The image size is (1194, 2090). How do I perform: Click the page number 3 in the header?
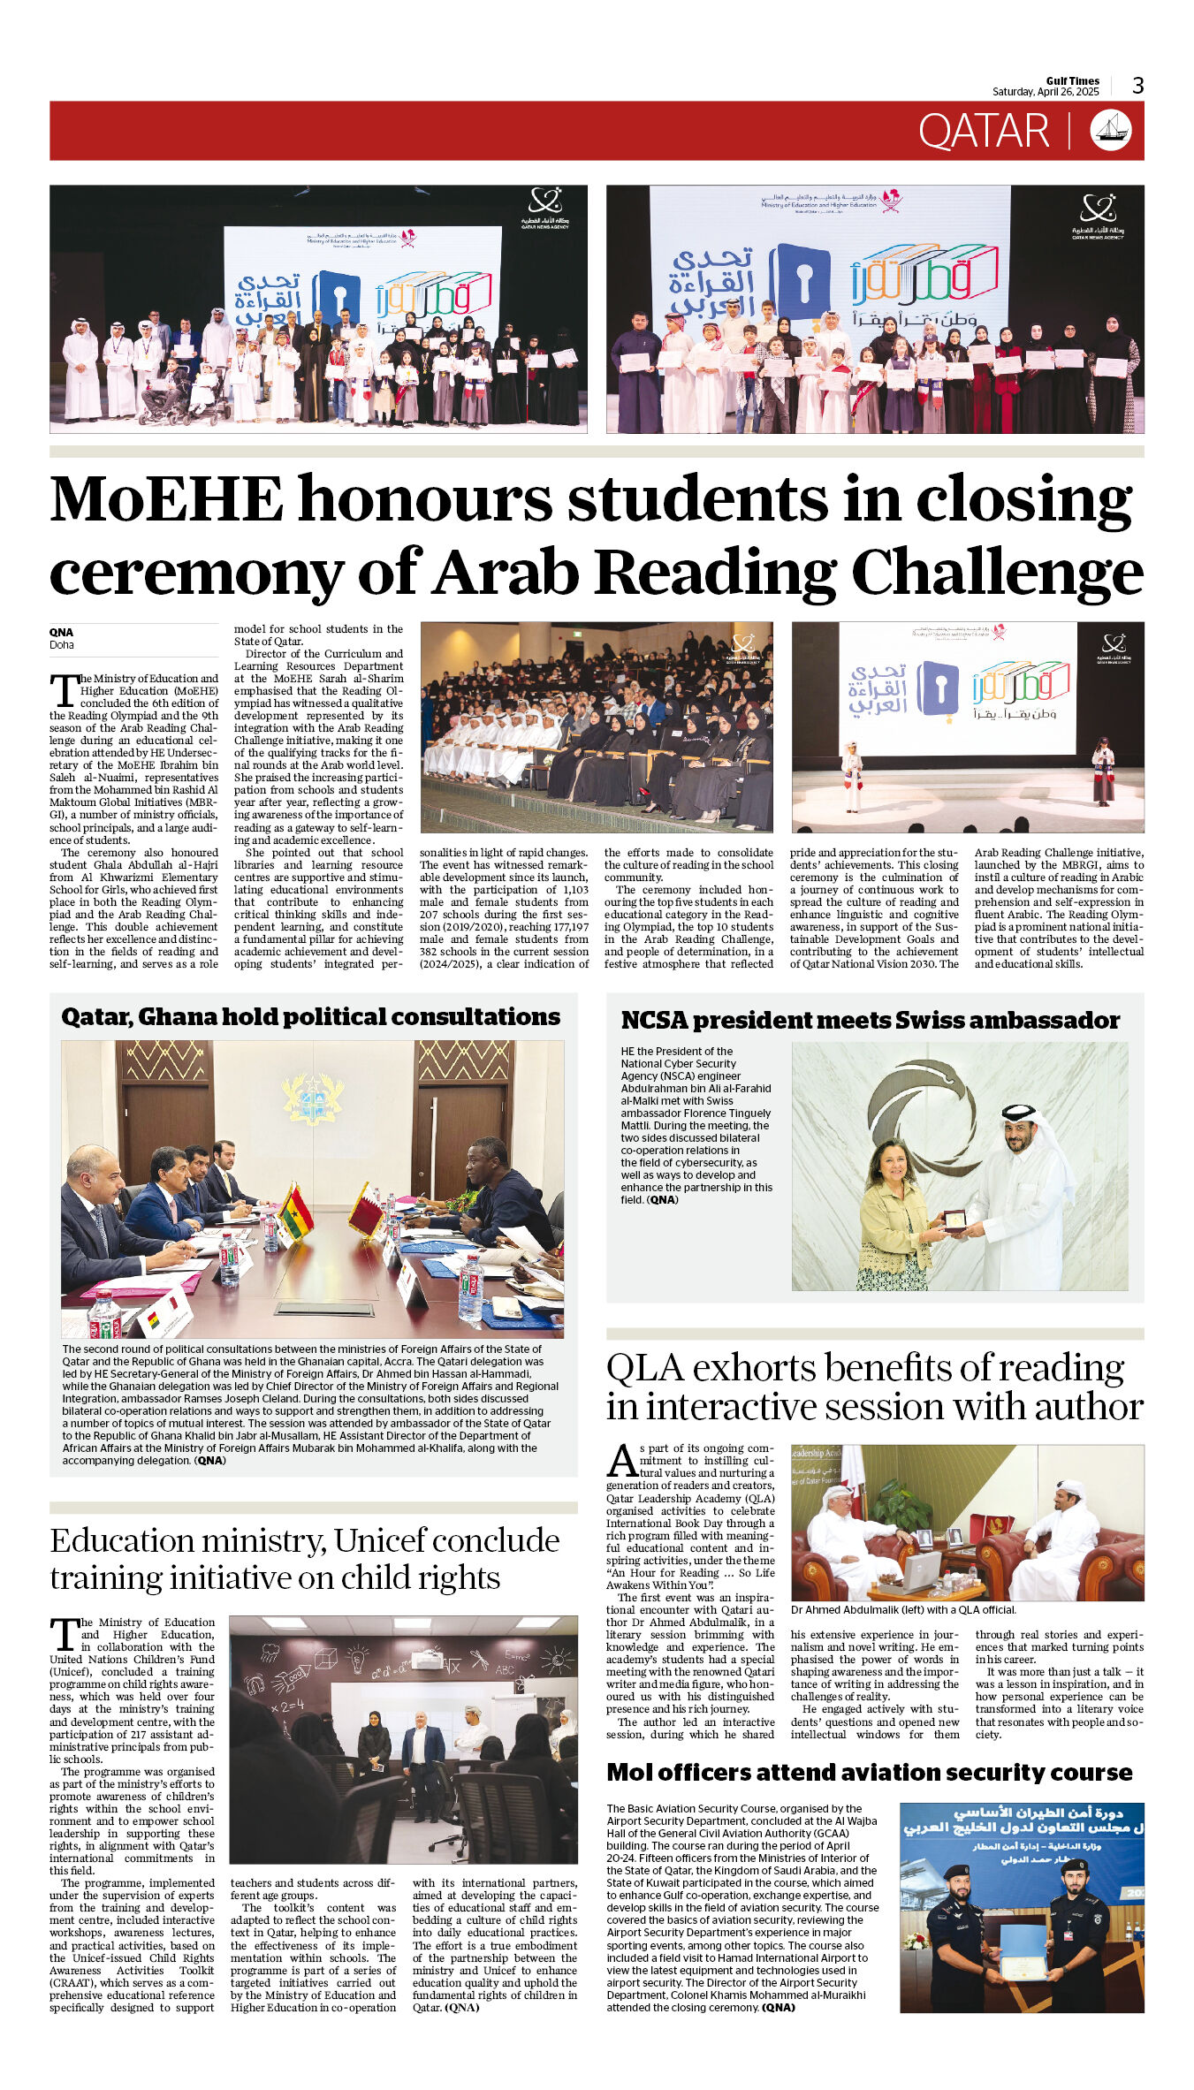(x=1138, y=86)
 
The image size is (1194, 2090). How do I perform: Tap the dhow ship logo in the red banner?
(x=1111, y=131)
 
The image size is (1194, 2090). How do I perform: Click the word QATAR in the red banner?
(x=983, y=132)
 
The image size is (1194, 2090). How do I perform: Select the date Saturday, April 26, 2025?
(x=1046, y=92)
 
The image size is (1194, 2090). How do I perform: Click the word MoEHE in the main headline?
(x=167, y=500)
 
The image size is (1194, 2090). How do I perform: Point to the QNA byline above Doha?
(x=61, y=633)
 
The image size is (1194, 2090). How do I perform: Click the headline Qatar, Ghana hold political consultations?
(x=310, y=1017)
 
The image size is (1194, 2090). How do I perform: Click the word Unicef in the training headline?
(x=384, y=1541)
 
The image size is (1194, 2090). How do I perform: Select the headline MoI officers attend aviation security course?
(x=869, y=1773)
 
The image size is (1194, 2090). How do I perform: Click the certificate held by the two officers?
(x=1023, y=1950)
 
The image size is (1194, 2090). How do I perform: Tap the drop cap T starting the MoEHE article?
(x=65, y=690)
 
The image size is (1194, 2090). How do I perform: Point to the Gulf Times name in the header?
(x=1072, y=80)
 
